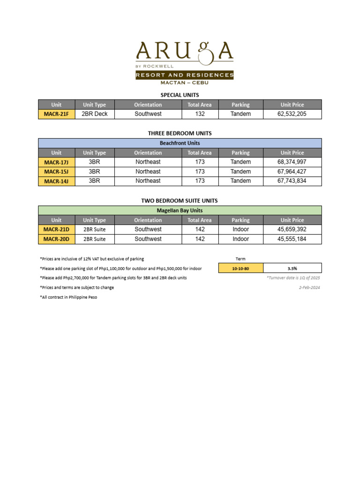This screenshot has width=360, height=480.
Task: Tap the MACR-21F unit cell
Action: tap(56, 114)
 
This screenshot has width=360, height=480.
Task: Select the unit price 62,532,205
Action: tap(292, 114)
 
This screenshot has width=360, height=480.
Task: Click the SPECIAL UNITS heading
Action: tap(180, 95)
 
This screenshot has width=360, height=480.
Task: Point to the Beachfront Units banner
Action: tap(180, 143)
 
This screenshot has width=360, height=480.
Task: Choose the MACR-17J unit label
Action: tap(56, 162)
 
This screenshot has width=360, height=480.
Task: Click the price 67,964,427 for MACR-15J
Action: tap(292, 172)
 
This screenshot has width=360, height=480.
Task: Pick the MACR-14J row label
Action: tap(56, 181)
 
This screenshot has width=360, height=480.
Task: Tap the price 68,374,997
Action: tap(292, 162)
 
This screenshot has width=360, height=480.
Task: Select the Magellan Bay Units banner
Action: tap(180, 210)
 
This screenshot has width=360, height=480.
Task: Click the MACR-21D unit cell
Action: tap(56, 230)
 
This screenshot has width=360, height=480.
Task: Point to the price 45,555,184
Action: tap(292, 239)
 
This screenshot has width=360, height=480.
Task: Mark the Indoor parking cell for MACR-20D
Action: tap(240, 239)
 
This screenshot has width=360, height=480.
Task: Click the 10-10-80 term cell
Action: tap(240, 268)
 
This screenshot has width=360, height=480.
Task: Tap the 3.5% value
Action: tap(292, 268)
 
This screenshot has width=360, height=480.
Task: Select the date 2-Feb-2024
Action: tap(309, 287)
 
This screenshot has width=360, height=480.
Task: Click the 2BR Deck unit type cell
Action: tap(94, 114)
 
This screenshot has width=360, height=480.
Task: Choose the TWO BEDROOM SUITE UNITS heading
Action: tap(180, 201)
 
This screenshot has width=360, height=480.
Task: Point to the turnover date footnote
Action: tap(293, 278)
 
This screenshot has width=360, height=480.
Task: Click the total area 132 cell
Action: tap(200, 114)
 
